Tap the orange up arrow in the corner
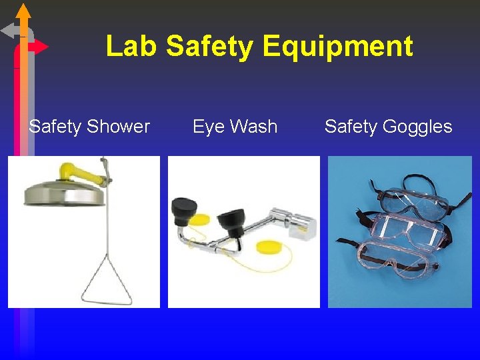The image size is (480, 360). (23, 12)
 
